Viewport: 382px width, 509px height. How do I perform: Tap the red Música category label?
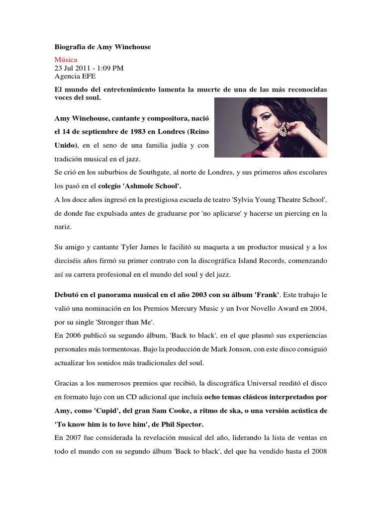(x=66, y=60)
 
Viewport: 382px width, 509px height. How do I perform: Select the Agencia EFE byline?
(x=75, y=76)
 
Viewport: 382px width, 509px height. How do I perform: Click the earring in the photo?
(x=284, y=130)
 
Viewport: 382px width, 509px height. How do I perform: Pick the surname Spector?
(x=187, y=424)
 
